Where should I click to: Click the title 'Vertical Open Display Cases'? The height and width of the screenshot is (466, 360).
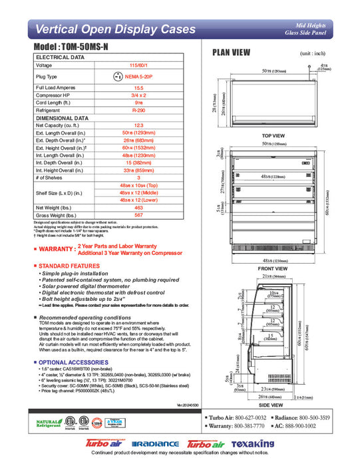pyautogui.click(x=114, y=29)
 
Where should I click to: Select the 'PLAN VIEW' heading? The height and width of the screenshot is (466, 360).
pyautogui.click(x=231, y=53)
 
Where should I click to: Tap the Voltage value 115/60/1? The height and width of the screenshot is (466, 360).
pyautogui.click(x=139, y=66)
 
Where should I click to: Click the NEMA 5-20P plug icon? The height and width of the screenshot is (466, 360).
pyautogui.click(x=118, y=77)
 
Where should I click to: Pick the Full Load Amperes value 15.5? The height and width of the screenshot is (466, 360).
pyautogui.click(x=139, y=87)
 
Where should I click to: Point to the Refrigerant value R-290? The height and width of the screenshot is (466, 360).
pyautogui.click(x=139, y=110)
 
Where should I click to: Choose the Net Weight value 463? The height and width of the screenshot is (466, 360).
pyautogui.click(x=139, y=208)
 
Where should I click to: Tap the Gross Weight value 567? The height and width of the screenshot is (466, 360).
pyautogui.click(x=139, y=215)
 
